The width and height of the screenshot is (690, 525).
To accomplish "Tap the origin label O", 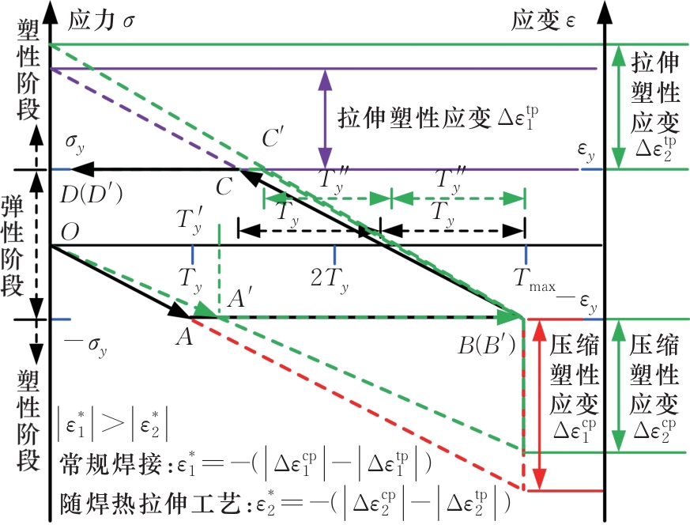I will [71, 231].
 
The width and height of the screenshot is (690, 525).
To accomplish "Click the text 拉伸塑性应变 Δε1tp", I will [442, 119].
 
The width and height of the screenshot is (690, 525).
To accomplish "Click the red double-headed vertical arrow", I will [539, 405].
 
